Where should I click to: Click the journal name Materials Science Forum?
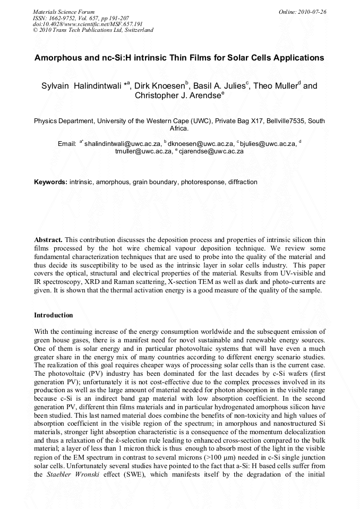point(63,12)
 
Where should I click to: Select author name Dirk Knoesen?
point(158,86)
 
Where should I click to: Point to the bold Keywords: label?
point(50,182)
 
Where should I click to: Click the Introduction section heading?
point(54,315)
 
